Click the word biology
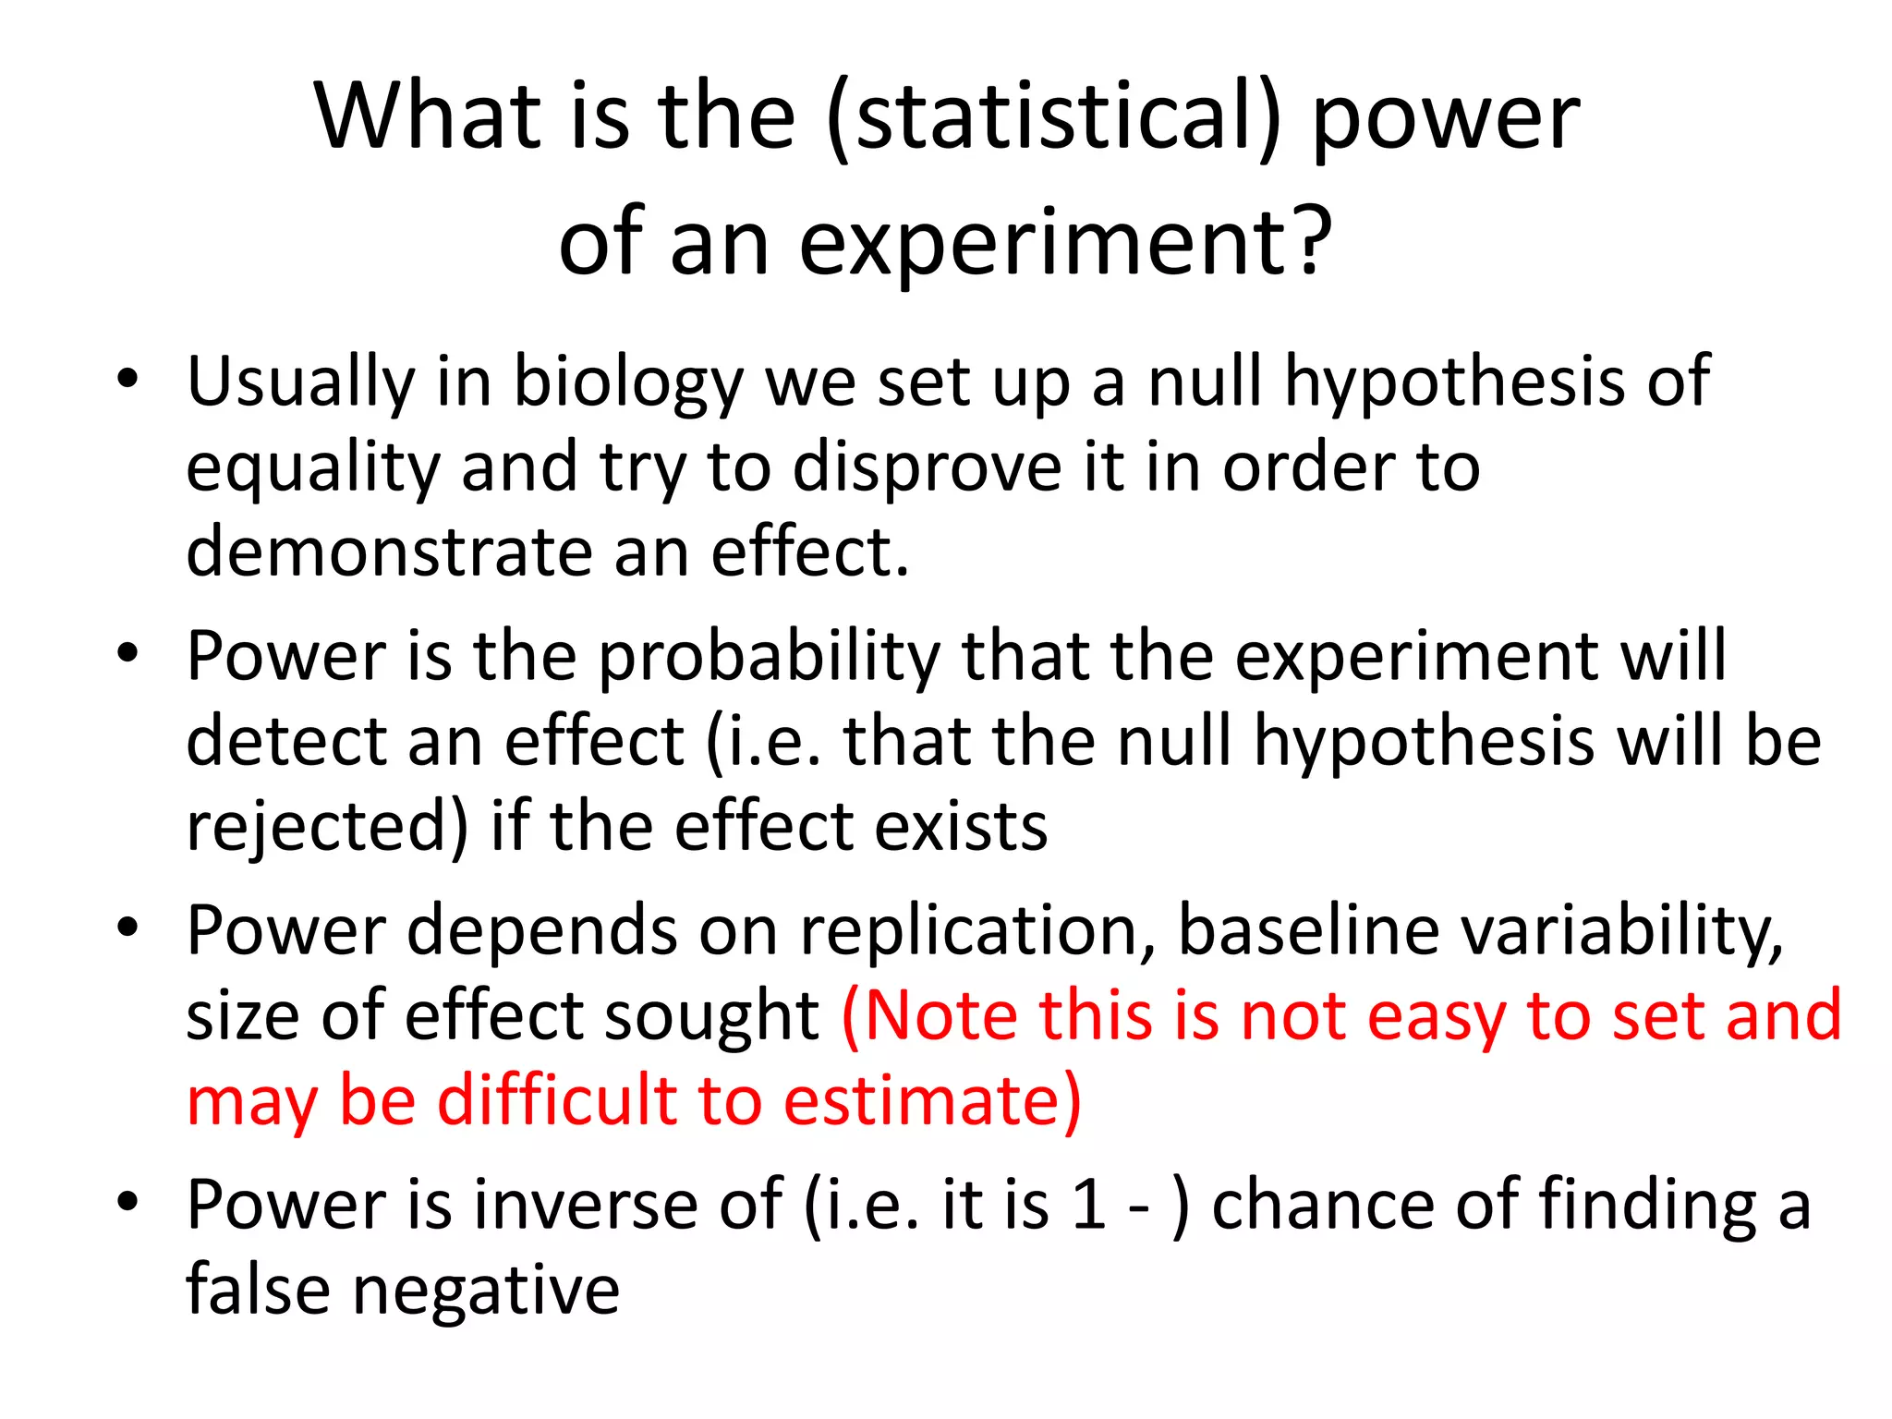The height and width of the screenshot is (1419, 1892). pyautogui.click(x=628, y=382)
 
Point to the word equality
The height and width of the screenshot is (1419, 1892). pyautogui.click(x=313, y=468)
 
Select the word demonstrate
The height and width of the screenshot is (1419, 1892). pyautogui.click(x=389, y=552)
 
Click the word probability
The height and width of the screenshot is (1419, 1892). pyautogui.click(x=769, y=657)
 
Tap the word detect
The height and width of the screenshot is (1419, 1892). pyautogui.click(x=285, y=741)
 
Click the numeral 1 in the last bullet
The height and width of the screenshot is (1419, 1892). pyautogui.click(x=1089, y=1205)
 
